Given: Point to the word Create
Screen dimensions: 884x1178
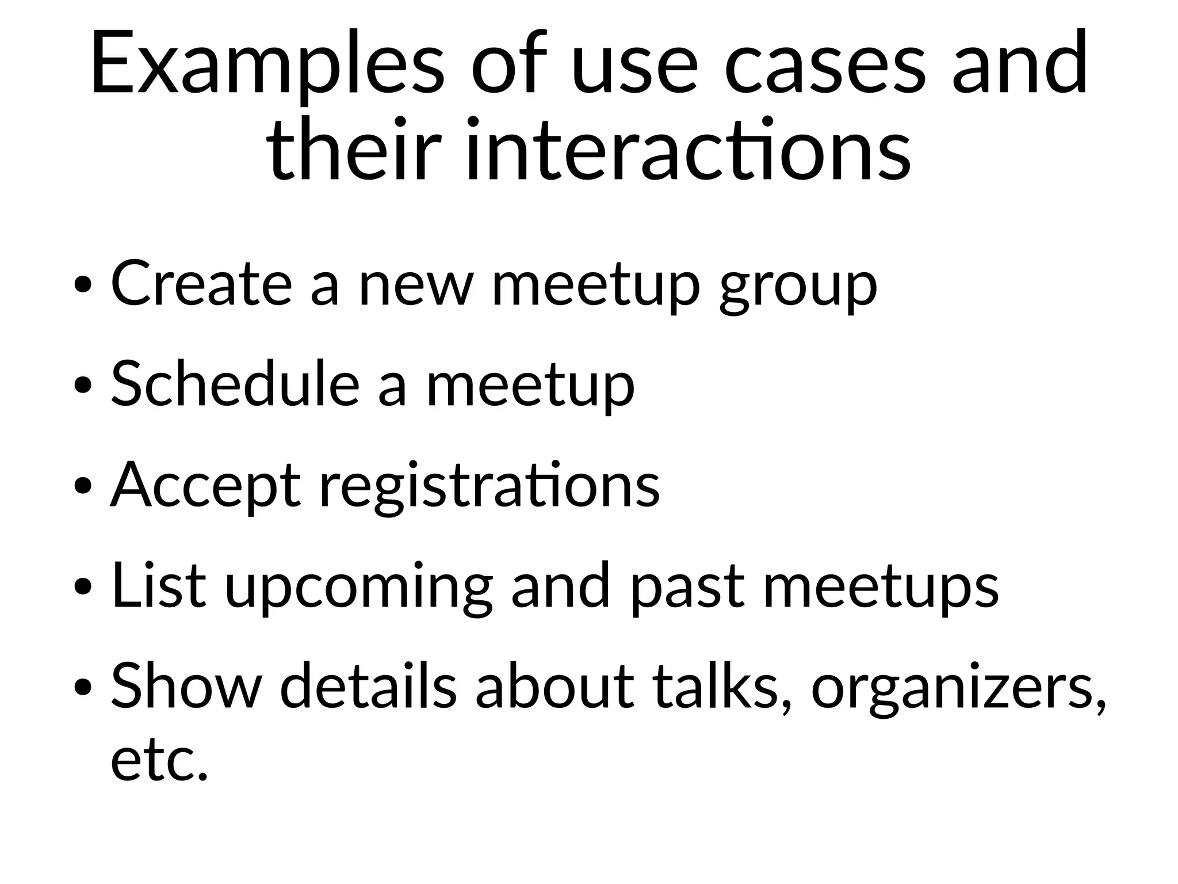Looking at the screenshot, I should click(x=201, y=284).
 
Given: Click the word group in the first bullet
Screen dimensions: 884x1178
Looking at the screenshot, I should click(x=798, y=288).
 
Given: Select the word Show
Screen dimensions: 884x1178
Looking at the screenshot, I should click(x=185, y=686).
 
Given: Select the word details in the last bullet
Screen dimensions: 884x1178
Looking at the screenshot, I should click(x=368, y=686).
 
